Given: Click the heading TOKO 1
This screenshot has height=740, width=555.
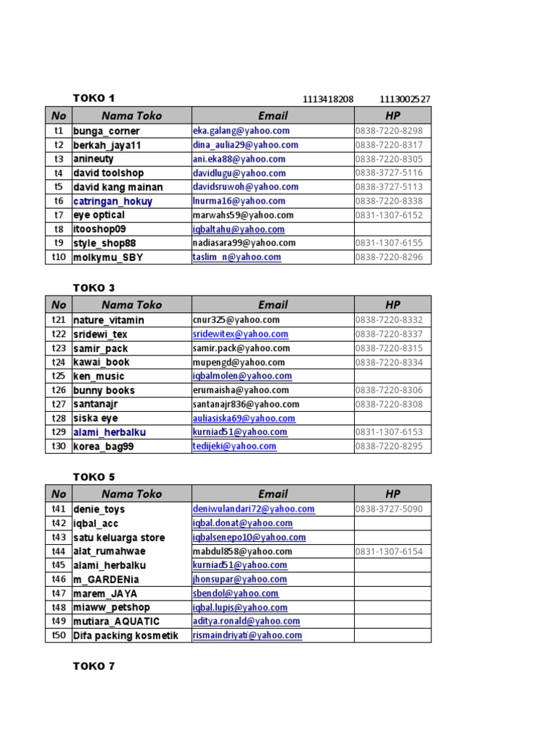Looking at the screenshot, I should point(94,98).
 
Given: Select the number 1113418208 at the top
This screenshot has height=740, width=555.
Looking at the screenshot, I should point(328,99).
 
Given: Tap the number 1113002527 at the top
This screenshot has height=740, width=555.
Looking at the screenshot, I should point(405,99).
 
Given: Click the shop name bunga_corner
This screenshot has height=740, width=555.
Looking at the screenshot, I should point(106,132).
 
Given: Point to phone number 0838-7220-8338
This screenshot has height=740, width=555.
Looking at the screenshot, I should point(389,201).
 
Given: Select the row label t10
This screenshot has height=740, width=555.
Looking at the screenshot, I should point(59,257).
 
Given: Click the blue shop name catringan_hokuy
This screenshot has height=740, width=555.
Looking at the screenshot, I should point(113,202).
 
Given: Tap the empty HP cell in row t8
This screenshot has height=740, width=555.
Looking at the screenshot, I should point(392,229).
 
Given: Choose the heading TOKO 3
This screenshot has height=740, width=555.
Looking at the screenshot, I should point(94,288).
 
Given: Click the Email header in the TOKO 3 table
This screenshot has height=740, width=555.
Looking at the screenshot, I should point(272,305).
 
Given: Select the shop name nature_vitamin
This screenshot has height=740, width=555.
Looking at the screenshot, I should point(108,320).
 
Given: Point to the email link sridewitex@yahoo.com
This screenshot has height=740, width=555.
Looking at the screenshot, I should point(241,335).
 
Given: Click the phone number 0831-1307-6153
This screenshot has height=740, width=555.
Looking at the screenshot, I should point(389,432).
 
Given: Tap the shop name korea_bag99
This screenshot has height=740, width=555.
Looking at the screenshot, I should point(103,447).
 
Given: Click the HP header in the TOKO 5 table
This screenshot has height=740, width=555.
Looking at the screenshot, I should point(392,494).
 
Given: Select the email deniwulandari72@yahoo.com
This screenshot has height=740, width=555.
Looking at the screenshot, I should point(254,509).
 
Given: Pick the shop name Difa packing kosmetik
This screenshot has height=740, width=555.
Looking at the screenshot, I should point(125,636).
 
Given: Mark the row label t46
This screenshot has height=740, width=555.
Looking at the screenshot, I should point(59,580).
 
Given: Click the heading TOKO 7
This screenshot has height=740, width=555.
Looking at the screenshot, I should point(94,666).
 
